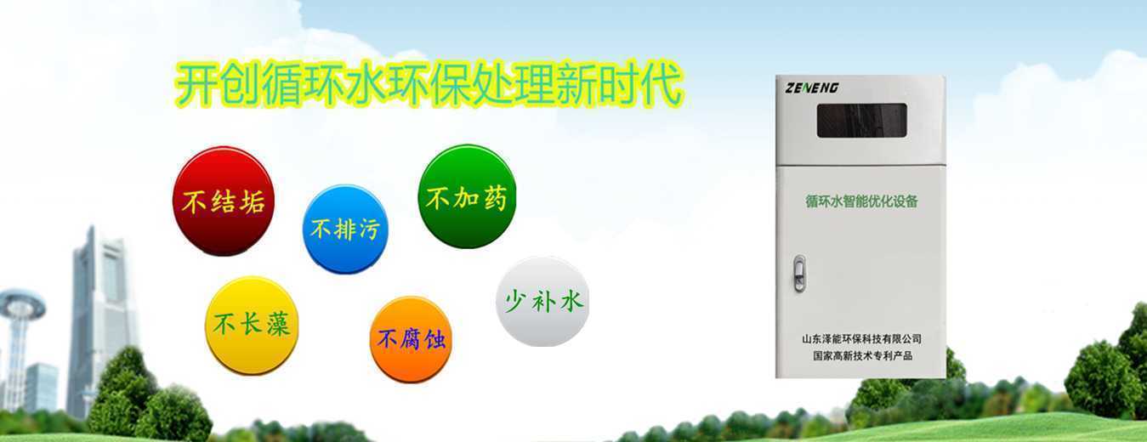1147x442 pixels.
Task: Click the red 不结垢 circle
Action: (224, 201)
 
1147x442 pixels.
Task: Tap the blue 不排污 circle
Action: (345, 229)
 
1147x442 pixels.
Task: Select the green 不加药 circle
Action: (467, 196)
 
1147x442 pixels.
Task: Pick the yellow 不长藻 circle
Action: (252, 326)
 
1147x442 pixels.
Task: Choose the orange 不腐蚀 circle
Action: (411, 339)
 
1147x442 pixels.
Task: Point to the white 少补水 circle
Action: (542, 301)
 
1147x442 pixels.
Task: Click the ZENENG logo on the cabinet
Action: (812, 88)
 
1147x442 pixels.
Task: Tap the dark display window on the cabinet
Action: (862, 121)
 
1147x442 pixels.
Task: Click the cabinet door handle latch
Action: (798, 274)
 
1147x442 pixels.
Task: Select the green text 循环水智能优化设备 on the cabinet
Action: (861, 201)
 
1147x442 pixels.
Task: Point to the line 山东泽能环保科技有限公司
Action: (861, 339)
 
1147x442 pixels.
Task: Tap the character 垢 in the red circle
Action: (253, 201)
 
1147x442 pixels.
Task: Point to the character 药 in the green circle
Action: (494, 197)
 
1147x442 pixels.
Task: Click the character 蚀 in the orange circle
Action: (435, 339)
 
